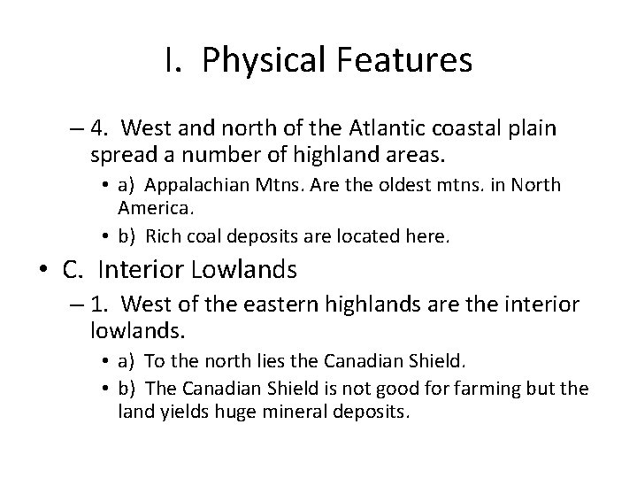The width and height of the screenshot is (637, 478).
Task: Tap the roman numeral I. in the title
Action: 171,60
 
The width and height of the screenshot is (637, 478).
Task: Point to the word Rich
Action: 161,236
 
